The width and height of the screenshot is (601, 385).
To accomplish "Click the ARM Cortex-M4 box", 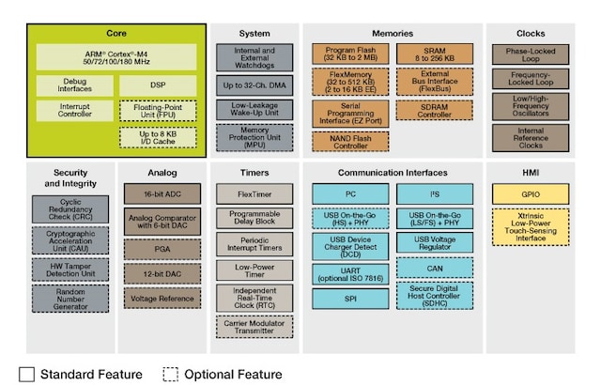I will pos(117,55).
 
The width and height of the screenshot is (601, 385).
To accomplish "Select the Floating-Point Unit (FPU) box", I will pos(158,113).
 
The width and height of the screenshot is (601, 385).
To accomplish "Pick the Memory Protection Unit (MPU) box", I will pos(254,138).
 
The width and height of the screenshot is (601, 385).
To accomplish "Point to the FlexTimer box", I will pos(254,194).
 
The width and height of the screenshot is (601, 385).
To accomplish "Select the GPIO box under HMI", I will pos(530,193).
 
